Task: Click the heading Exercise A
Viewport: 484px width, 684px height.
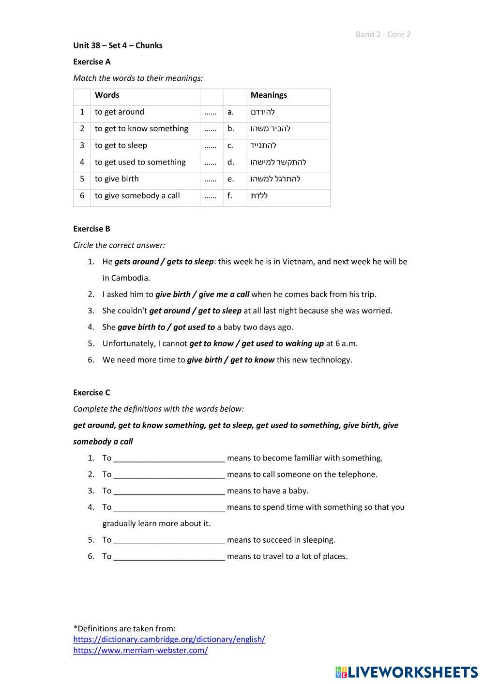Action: [91, 62]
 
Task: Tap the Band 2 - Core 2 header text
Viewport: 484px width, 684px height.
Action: [383, 34]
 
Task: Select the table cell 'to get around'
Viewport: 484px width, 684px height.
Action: [119, 112]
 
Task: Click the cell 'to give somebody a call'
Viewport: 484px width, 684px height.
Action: [137, 196]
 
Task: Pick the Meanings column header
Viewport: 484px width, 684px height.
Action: [269, 95]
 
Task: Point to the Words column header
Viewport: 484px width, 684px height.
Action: [107, 95]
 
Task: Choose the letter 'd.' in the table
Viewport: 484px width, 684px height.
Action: [231, 163]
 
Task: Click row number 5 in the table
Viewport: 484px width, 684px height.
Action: [82, 179]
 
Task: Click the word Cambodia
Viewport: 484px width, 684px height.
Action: [130, 278]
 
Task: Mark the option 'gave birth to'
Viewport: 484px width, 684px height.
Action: [141, 327]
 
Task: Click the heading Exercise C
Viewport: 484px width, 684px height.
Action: [91, 393]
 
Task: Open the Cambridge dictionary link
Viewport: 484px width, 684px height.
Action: [169, 639]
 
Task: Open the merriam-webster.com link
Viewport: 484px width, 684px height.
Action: [140, 651]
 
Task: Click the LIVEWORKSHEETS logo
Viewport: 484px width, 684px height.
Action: [407, 672]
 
